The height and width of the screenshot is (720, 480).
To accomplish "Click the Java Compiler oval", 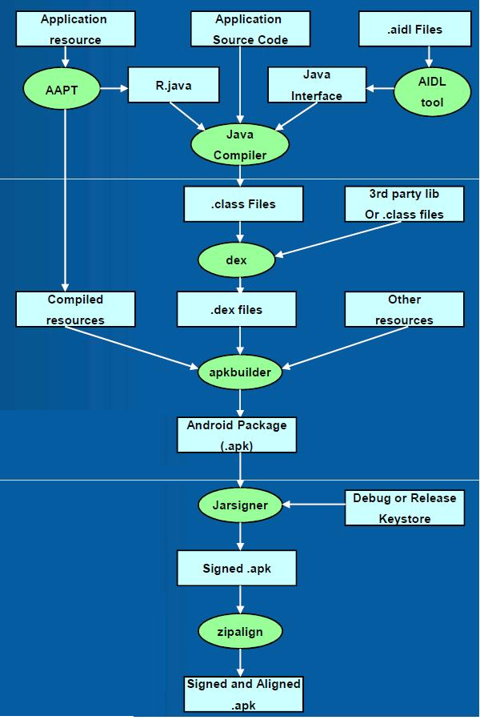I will [240, 145].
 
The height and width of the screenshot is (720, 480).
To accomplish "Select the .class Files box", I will [243, 204].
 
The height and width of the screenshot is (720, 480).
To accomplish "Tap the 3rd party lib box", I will [405, 204].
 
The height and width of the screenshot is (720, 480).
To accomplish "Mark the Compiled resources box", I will [75, 309].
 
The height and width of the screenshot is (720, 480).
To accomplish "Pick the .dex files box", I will [237, 310].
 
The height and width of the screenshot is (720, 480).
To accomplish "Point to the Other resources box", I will [404, 309].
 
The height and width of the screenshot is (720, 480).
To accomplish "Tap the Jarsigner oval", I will [240, 505].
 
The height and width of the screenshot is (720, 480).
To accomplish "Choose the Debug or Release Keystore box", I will [404, 508].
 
